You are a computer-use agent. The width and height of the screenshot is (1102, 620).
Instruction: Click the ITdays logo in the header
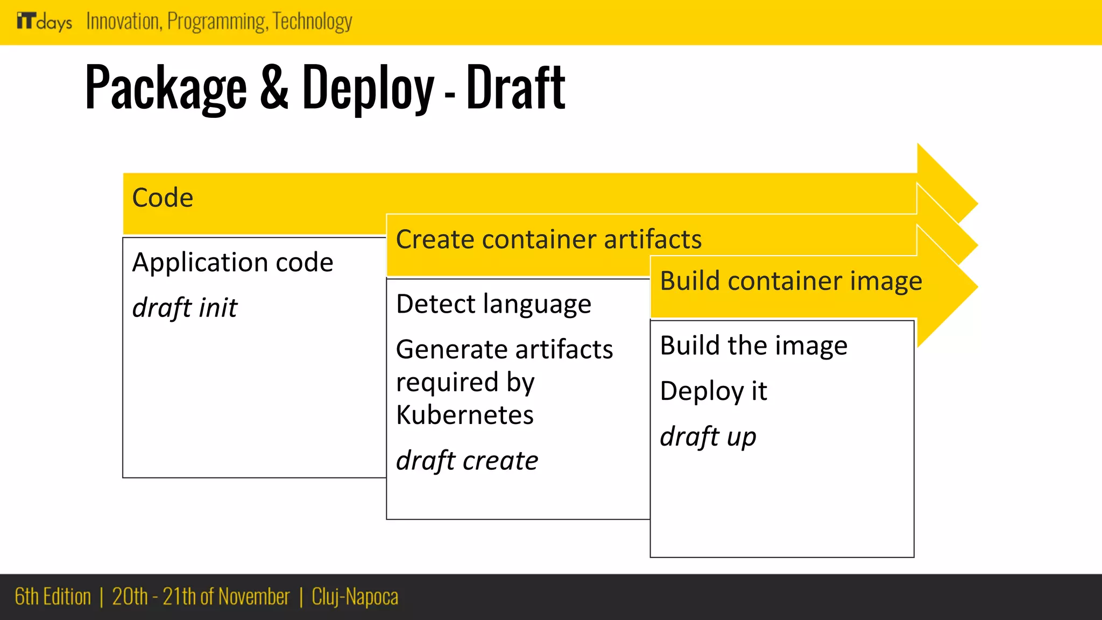coord(44,22)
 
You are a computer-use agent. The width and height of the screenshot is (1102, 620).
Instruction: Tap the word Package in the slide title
coord(166,88)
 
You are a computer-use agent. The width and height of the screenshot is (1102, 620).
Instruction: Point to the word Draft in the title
coord(515,87)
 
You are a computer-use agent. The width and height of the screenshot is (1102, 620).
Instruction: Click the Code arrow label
coord(163,198)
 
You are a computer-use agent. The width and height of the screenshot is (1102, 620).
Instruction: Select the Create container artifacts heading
coord(549,239)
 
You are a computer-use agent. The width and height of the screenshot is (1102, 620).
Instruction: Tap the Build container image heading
coord(791,281)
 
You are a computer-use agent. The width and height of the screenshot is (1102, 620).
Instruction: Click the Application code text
coord(232,263)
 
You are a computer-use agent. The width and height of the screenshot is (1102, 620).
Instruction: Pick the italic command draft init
coord(185,308)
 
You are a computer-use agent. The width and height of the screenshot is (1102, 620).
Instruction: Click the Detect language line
coord(493,304)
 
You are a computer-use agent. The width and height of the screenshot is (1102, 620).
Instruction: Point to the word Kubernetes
coord(465,415)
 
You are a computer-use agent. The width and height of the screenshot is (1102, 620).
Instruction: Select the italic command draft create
coord(467,461)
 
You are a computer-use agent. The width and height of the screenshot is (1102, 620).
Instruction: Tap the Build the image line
coord(753,346)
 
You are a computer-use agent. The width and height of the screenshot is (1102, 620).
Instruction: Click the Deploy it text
coord(714,391)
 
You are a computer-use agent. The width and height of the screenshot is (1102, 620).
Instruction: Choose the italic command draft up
coord(708,436)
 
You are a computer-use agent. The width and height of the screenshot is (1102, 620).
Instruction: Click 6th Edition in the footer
coord(53,597)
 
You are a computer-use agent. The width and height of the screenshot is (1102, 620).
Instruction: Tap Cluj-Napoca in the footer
coord(355,597)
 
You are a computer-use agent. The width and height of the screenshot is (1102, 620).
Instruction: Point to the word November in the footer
coord(254,597)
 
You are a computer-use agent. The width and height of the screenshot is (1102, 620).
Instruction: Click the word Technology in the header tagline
coord(313,22)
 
